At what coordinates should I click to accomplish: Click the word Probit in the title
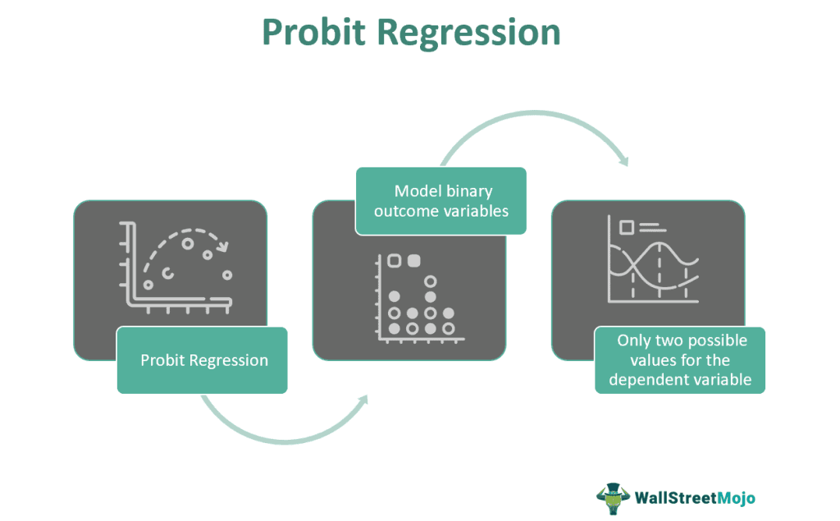[313, 32]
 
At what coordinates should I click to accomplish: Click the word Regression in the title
[468, 34]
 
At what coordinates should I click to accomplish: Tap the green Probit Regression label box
[202, 360]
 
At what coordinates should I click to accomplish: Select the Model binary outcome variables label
[441, 201]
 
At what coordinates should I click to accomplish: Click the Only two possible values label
[680, 360]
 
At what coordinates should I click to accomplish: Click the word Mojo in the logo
[737, 498]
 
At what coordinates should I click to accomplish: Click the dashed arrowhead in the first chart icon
[222, 247]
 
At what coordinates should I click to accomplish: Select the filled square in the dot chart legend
[413, 261]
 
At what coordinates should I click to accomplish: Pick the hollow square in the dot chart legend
[395, 261]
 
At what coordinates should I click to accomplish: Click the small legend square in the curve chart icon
[626, 227]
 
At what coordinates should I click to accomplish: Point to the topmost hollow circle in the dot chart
[430, 281]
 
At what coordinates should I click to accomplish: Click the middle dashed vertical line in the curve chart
[660, 271]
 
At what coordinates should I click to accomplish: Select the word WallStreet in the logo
[676, 498]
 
